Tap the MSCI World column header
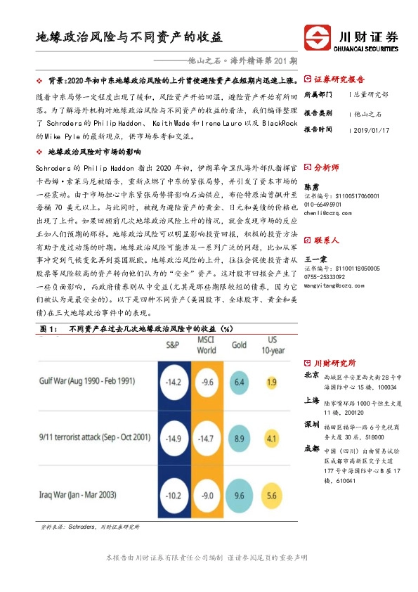click(x=207, y=345)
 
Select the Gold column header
click(x=240, y=345)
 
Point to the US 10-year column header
click(x=273, y=345)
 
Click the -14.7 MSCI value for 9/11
click(x=206, y=439)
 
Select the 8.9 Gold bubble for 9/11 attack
click(x=240, y=439)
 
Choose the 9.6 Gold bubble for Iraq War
click(x=240, y=495)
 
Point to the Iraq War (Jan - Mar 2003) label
click(x=86, y=495)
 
